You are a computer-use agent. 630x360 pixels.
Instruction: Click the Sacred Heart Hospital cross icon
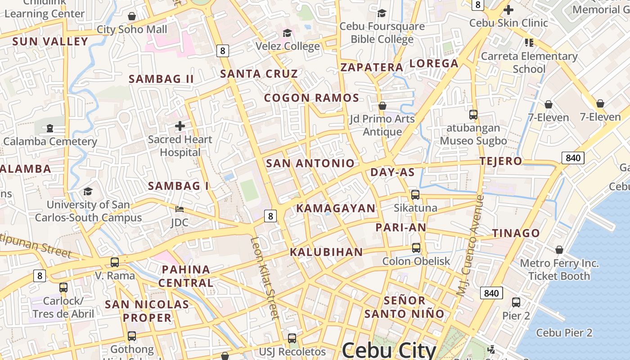pos(180,126)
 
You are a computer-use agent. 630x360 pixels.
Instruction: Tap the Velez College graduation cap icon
pos(287,33)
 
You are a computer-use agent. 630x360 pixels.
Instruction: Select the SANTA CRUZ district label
pos(259,74)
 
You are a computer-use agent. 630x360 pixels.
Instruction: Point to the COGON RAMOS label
pos(311,98)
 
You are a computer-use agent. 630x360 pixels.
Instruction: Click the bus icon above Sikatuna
pos(415,195)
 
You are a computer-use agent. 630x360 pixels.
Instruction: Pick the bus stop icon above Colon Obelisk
pos(416,248)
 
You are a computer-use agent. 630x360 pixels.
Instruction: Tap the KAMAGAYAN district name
pos(335,208)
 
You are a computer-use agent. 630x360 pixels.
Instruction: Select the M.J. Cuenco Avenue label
pos(470,245)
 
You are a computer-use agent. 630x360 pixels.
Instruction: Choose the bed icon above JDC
pos(179,209)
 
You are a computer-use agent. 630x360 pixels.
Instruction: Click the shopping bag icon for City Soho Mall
pos(132,17)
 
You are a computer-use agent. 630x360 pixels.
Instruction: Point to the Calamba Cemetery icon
pos(49,128)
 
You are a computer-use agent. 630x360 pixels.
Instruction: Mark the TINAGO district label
pos(516,233)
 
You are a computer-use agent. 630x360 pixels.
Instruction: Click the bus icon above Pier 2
pos(516,302)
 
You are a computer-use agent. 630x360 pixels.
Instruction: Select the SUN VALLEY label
pos(50,41)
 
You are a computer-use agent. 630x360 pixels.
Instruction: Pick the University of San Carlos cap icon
pos(88,192)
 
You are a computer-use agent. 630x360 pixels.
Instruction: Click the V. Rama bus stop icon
pos(115,262)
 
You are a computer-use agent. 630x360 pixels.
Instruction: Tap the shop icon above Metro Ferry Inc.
pos(559,250)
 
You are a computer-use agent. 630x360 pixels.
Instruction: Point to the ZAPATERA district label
pos(372,67)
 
